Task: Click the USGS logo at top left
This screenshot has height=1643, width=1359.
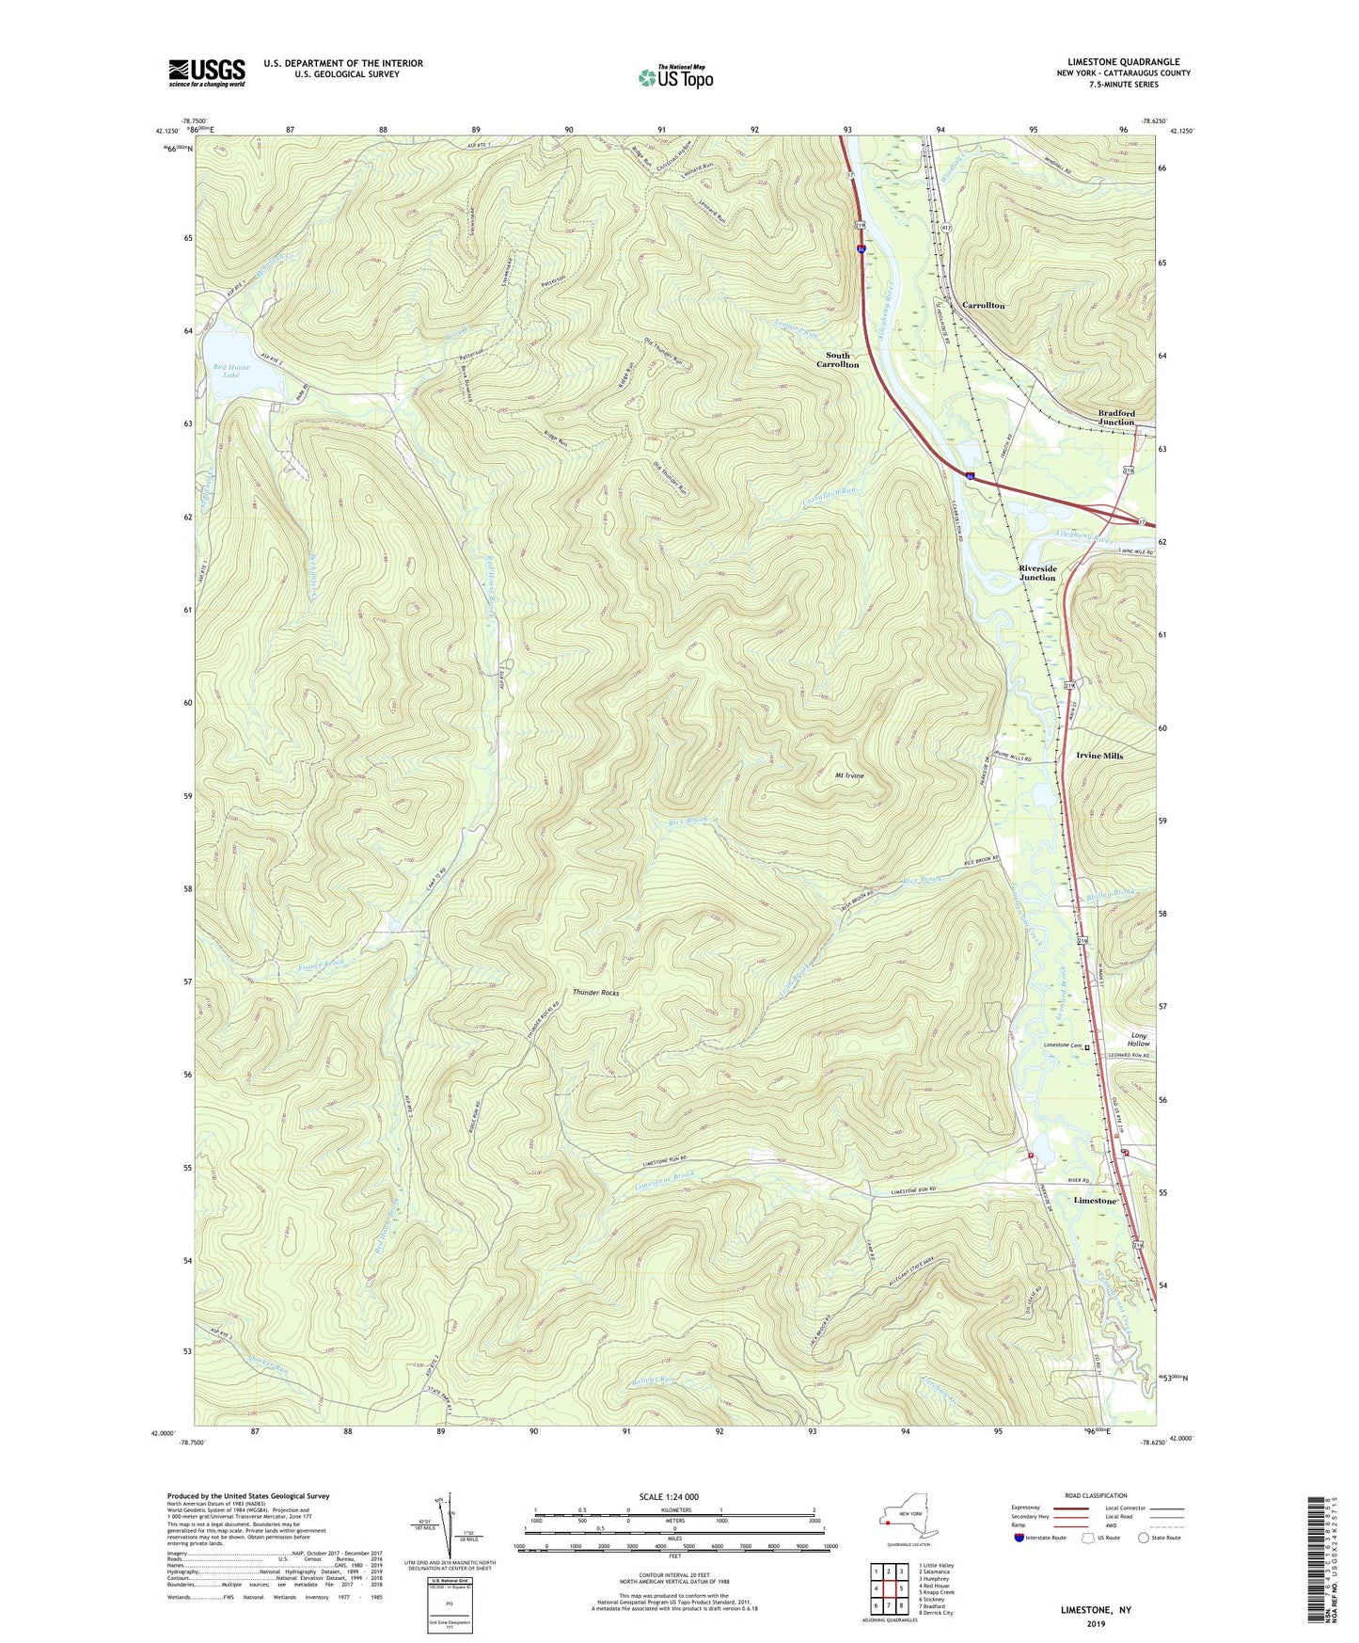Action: [x=206, y=72]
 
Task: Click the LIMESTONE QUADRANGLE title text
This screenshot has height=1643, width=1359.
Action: [x=1123, y=61]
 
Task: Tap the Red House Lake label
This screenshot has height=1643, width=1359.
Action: [x=231, y=371]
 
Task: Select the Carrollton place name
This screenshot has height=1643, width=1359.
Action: [x=984, y=306]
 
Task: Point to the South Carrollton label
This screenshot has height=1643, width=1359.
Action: [x=837, y=359]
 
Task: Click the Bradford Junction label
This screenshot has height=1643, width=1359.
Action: [x=1116, y=417]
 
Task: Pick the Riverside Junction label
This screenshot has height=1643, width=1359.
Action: [x=1037, y=573]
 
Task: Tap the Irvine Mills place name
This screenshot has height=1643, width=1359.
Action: [x=1099, y=756]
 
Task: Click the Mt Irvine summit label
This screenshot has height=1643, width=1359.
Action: [x=849, y=776]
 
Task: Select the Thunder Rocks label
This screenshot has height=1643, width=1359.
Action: [x=596, y=993]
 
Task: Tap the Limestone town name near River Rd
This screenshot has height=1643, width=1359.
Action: [x=1096, y=1201]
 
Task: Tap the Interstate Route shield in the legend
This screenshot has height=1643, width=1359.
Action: [x=1021, y=1538]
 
